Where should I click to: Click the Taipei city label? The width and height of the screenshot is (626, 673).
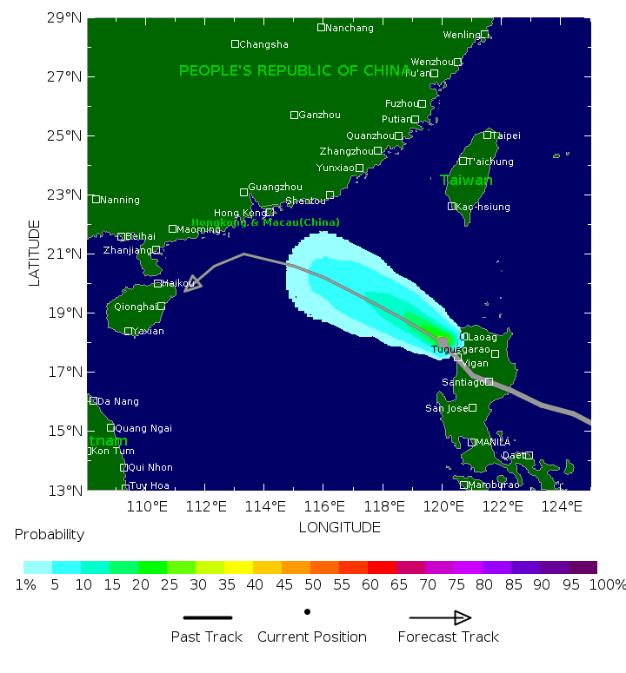507,135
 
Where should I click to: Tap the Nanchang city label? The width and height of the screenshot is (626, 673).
350,28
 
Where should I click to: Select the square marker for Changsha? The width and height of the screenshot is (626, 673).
235,43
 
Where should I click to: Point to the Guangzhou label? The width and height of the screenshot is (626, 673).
275,187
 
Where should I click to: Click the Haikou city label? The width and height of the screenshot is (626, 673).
178,283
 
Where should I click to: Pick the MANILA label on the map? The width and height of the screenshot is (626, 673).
493,442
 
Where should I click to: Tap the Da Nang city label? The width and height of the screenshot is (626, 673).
117,401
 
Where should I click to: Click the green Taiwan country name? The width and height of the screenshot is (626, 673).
466,180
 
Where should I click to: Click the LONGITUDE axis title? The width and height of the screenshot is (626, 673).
339,527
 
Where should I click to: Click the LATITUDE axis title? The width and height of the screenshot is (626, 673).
35,253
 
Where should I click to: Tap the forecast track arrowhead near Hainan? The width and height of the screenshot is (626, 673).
193,284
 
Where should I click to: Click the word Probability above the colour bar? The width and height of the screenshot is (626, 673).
50,535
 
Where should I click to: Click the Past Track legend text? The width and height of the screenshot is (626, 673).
207,637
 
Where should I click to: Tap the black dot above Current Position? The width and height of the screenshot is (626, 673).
307,611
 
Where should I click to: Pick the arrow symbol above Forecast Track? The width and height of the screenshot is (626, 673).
440,617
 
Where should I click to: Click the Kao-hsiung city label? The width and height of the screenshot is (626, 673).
483,207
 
